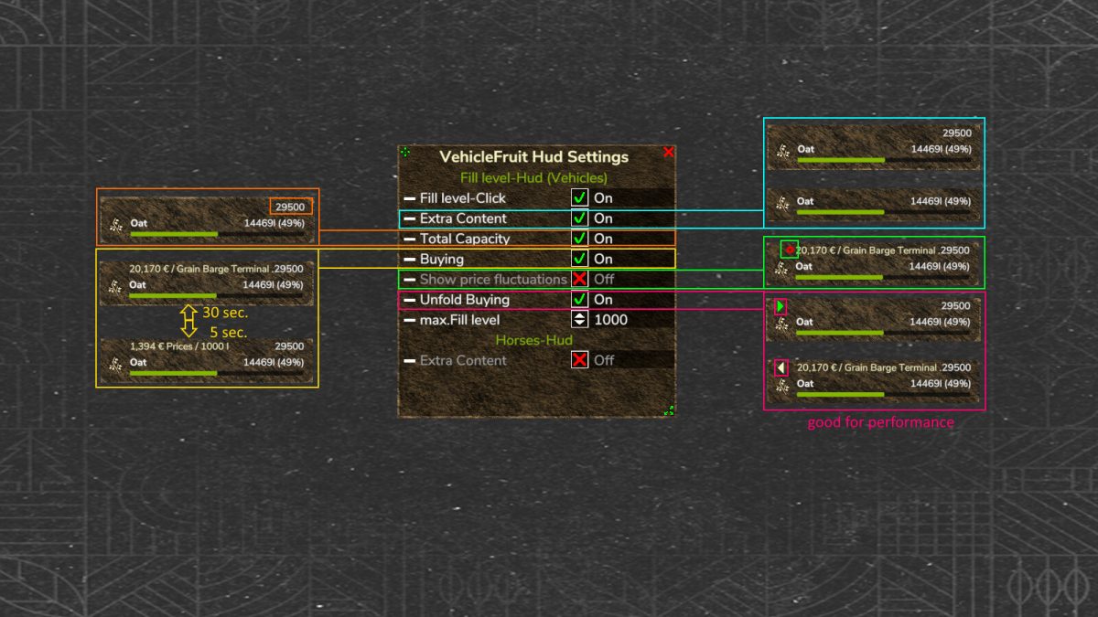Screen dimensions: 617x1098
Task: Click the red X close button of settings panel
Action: [668, 153]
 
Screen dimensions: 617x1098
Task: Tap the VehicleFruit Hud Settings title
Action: [534, 157]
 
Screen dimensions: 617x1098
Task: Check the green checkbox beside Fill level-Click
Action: [579, 197]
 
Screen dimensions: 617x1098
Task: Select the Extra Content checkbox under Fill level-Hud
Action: [579, 218]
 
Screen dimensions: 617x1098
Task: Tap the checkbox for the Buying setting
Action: [579, 259]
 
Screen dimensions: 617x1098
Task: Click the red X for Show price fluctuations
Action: [579, 279]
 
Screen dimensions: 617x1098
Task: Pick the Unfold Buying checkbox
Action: [579, 300]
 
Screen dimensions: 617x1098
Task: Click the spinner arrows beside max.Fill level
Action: [579, 320]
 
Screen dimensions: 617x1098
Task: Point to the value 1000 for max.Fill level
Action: [611, 320]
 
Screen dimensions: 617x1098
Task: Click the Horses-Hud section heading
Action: [533, 340]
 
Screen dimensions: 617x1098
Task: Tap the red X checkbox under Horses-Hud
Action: [579, 360]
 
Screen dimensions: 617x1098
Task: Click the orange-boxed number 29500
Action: [291, 207]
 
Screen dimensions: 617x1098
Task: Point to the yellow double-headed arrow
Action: [189, 321]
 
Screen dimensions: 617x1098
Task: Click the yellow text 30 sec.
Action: [224, 313]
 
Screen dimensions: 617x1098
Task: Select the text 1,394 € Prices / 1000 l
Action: [179, 347]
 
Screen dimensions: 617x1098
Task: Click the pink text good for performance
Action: [880, 422]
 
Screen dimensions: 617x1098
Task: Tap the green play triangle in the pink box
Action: [780, 307]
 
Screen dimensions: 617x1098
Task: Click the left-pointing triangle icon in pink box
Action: [780, 368]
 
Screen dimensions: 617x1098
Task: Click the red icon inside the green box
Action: [789, 249]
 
